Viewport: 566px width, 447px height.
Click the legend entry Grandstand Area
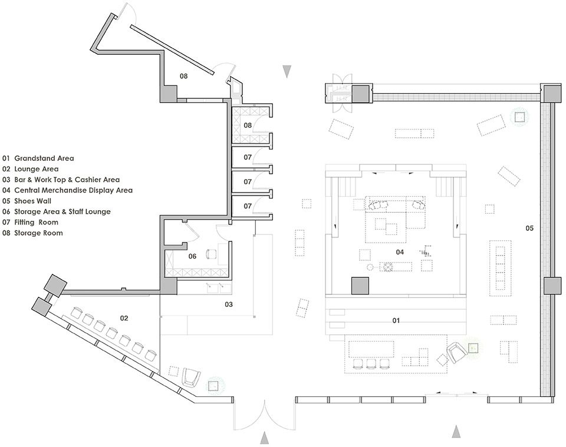tap(44, 158)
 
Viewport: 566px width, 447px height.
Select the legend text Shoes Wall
tap(32, 201)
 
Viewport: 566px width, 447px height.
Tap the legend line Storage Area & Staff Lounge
tap(62, 211)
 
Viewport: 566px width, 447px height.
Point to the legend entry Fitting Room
tap(36, 223)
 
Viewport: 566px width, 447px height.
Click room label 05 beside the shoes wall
tap(529, 228)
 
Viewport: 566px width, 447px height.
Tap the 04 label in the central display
tap(400, 252)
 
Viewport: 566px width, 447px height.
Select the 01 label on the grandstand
tap(396, 320)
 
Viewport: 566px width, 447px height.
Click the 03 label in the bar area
tap(229, 304)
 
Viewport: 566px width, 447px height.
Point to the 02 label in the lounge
tap(124, 318)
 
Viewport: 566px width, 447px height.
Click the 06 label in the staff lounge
tap(192, 256)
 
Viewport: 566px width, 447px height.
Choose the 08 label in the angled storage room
tap(184, 76)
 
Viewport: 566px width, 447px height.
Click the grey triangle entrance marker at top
tap(287, 71)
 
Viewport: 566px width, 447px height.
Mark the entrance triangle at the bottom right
tap(456, 432)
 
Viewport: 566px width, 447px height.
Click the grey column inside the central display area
tap(360, 286)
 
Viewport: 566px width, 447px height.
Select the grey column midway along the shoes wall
tap(552, 286)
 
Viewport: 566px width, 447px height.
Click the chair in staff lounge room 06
tap(210, 254)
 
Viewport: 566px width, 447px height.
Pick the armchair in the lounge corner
tap(191, 377)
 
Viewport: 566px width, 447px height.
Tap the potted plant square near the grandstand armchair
tap(473, 348)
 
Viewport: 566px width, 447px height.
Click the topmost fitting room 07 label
tap(247, 157)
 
